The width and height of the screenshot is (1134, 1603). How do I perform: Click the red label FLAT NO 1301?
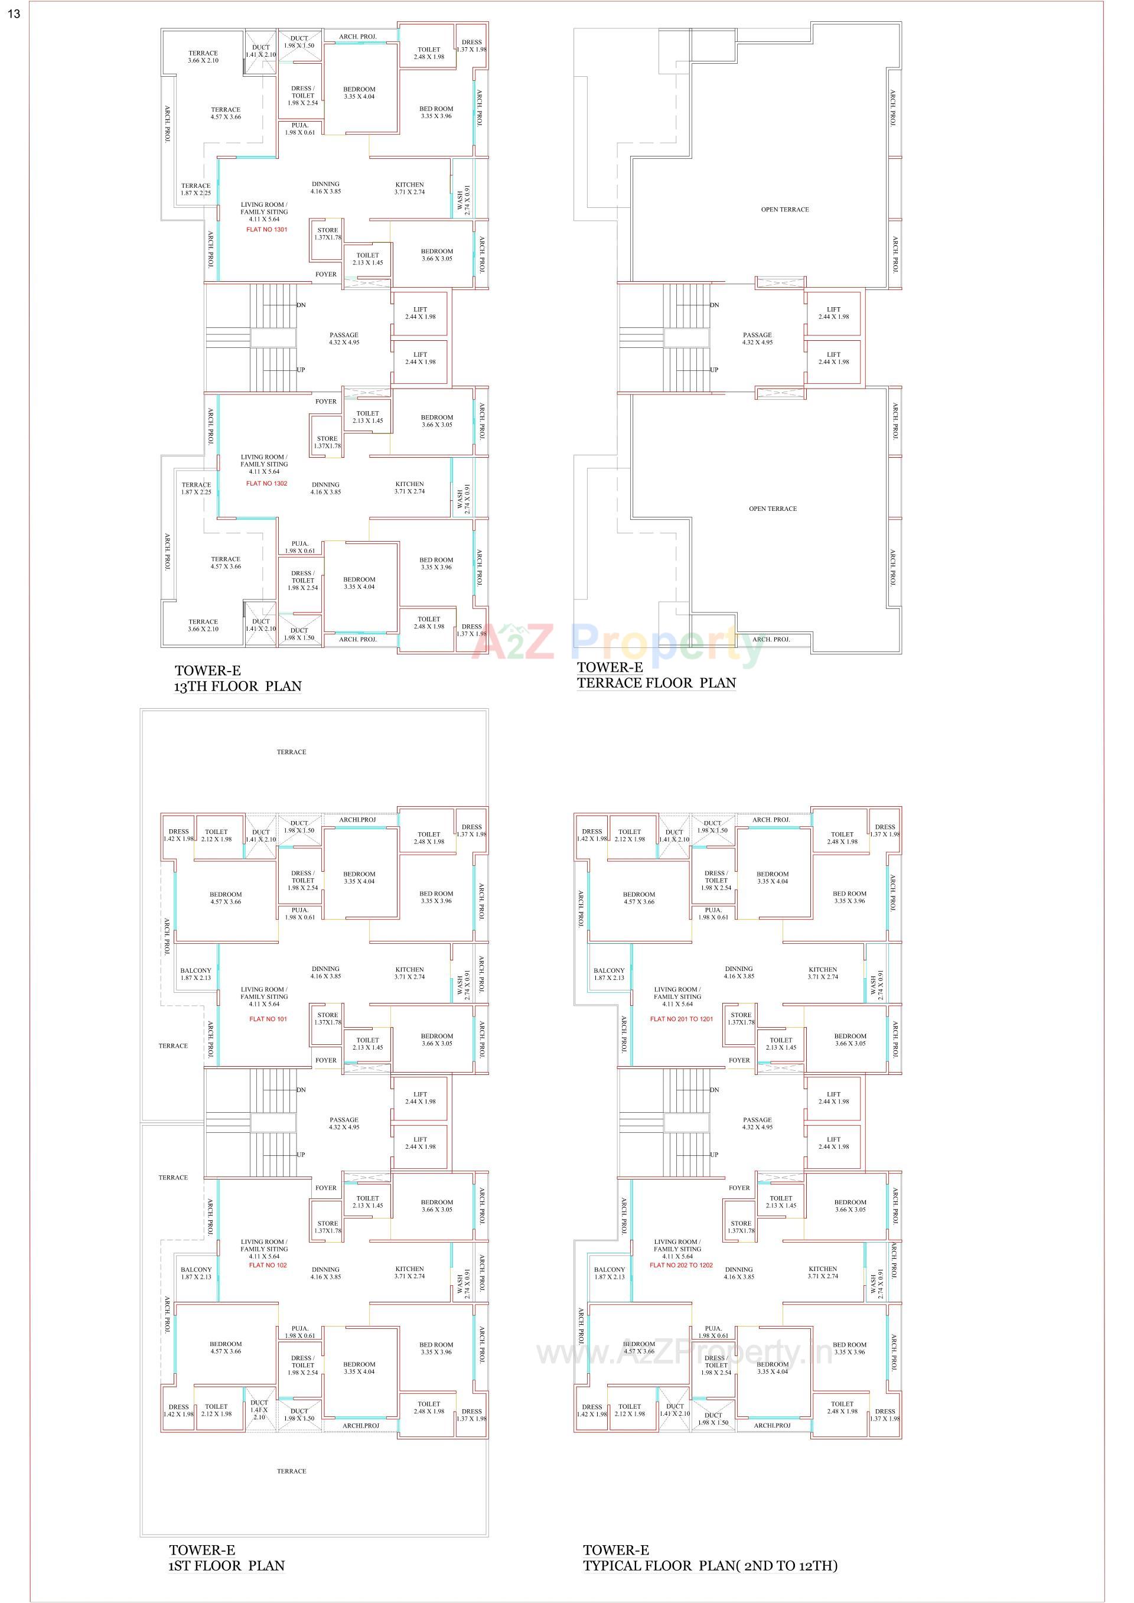point(267,230)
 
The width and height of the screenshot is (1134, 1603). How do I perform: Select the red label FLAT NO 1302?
point(267,483)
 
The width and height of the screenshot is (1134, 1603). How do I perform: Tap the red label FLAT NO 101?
point(268,1019)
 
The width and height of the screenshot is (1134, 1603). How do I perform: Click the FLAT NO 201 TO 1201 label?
point(682,1019)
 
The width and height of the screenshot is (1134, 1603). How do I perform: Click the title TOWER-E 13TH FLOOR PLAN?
point(237,679)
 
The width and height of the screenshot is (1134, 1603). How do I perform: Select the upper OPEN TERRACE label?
point(785,210)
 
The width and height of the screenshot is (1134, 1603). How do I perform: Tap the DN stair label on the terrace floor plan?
point(714,305)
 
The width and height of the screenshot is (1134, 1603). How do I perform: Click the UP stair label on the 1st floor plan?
point(301,1155)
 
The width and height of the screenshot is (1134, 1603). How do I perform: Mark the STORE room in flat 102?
point(327,1227)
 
